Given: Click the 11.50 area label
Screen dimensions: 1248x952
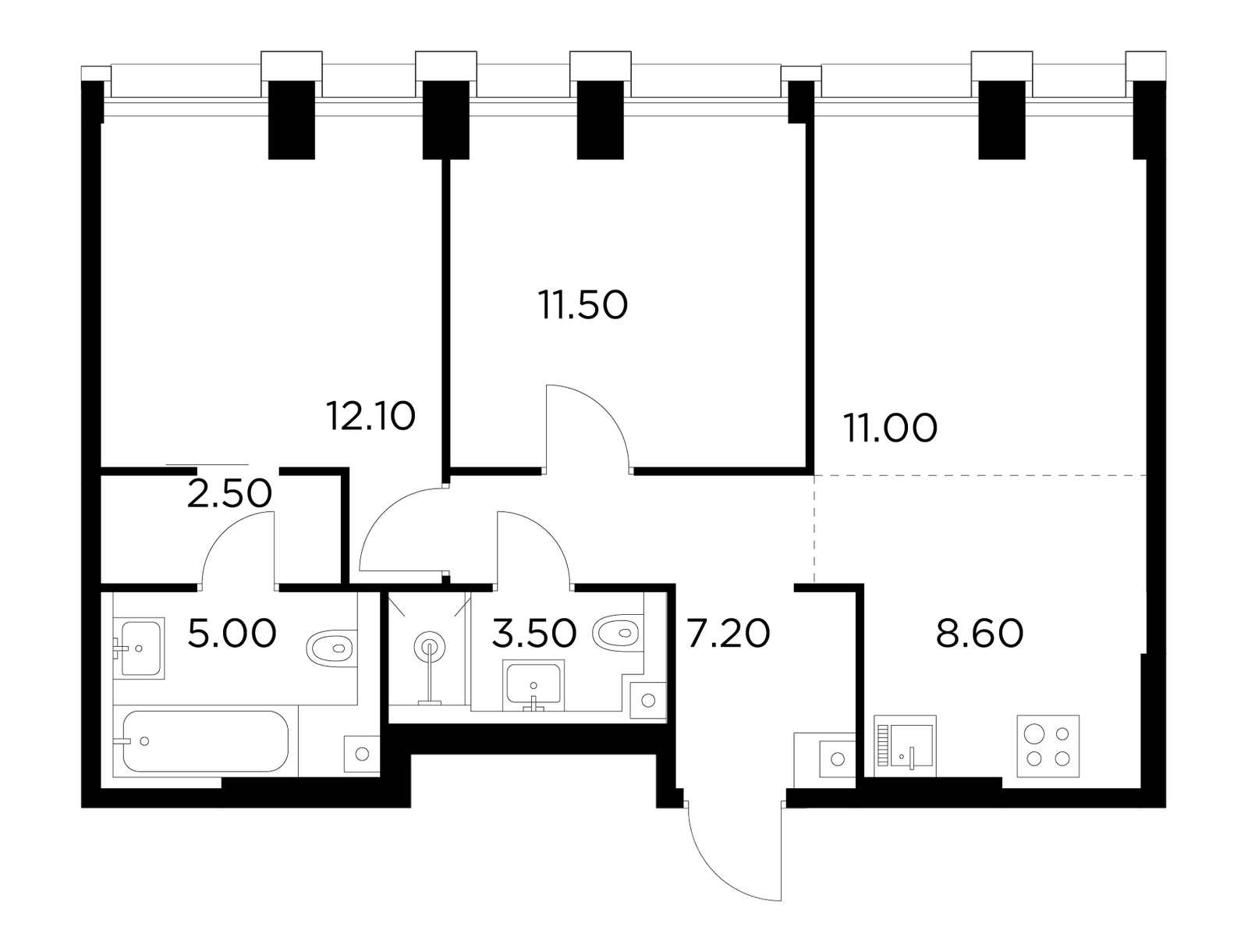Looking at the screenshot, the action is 583,305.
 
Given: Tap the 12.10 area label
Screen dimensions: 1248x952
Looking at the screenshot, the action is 370,416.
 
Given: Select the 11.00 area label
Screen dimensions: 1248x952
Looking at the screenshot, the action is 891,428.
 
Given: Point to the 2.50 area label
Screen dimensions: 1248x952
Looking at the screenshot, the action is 229,493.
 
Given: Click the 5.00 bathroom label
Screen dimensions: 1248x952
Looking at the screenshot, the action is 232,634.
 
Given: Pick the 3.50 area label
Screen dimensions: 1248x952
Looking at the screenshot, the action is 534,634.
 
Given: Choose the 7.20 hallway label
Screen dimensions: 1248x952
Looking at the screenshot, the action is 729,634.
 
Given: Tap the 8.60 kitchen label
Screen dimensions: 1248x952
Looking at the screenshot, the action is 980,634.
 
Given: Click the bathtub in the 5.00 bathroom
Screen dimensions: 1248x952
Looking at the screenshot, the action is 205,741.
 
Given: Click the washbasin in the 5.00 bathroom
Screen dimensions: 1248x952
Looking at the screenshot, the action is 140,648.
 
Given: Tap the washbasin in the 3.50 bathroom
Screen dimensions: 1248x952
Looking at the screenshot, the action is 534,685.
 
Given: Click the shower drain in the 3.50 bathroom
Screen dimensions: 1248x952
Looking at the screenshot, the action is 430,647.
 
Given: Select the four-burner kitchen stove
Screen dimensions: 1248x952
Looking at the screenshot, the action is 1048,746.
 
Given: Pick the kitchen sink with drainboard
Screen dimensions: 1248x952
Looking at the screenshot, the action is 905,746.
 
